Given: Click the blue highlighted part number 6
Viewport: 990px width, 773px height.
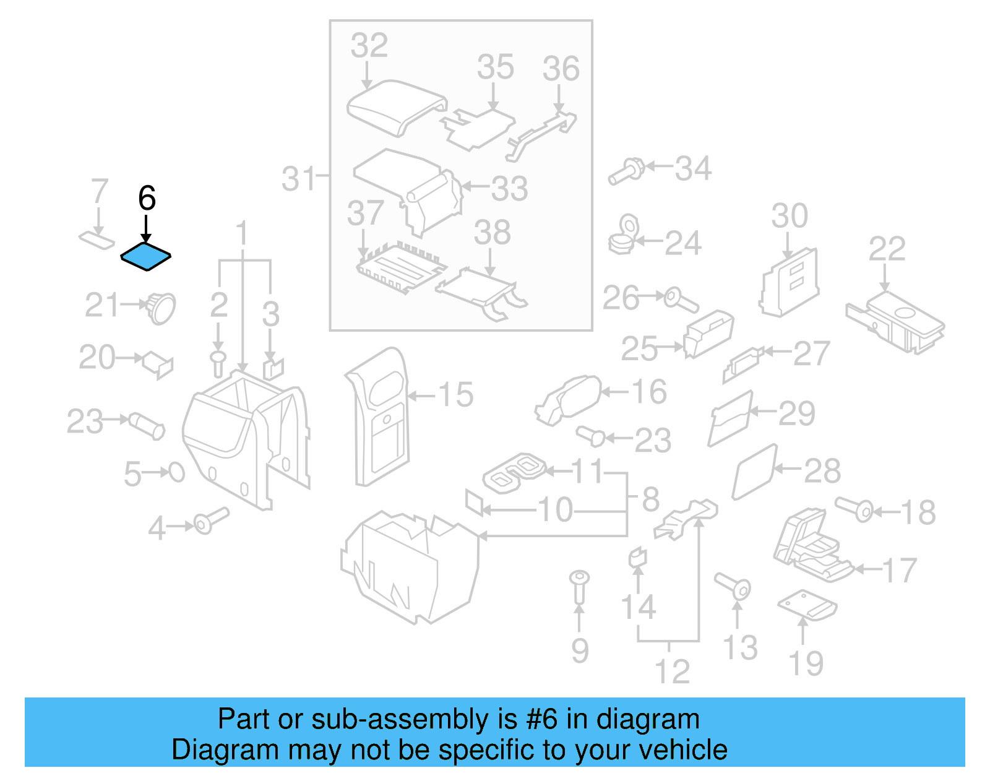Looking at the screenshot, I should [145, 256].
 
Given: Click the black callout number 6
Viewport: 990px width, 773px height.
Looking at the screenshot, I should [147, 198].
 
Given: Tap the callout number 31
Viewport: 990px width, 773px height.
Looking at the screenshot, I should [298, 179].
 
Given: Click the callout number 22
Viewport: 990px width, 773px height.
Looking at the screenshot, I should [887, 249].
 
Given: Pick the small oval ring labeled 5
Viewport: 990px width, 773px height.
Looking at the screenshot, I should [177, 472].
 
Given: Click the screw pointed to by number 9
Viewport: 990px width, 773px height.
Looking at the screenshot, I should [579, 585].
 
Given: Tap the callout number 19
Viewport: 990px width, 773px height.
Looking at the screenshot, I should [806, 663].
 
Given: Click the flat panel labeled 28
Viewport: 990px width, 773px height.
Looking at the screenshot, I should [754, 472].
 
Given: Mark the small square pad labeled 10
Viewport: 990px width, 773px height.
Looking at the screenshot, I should [474, 503].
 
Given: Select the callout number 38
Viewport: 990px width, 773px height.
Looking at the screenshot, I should [492, 233].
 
